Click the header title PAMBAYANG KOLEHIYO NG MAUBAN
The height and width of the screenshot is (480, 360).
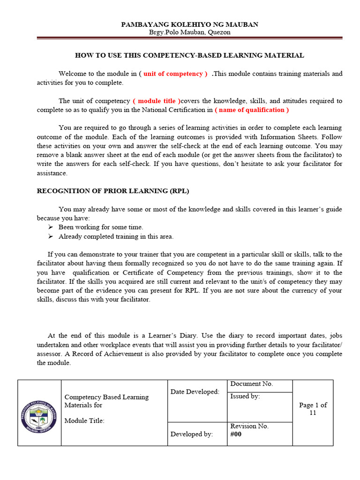pyautogui.click(x=189, y=24)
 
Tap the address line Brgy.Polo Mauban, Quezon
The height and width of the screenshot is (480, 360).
pyautogui.click(x=189, y=32)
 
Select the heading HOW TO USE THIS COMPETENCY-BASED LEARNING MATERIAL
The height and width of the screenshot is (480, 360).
pyautogui.click(x=189, y=55)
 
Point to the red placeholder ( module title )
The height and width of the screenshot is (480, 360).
pyautogui.click(x=157, y=101)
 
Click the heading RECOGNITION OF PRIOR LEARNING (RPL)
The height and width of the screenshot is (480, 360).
pyautogui.click(x=112, y=191)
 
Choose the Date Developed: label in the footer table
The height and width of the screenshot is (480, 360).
pyautogui.click(x=195, y=392)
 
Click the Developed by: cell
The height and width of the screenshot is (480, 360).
pyautogui.click(x=191, y=434)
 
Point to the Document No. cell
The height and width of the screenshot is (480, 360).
pyautogui.click(x=251, y=384)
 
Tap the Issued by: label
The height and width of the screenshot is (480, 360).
pyautogui.click(x=245, y=397)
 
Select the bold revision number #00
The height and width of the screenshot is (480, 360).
pyautogui.click(x=236, y=434)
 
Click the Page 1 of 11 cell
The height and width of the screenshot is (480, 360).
pyautogui.click(x=313, y=409)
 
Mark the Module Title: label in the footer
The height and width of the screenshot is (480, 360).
pyautogui.click(x=84, y=421)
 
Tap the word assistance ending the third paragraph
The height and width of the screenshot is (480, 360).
pyautogui.click(x=52, y=173)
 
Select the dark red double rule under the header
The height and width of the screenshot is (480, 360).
pyautogui.click(x=189, y=38)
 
